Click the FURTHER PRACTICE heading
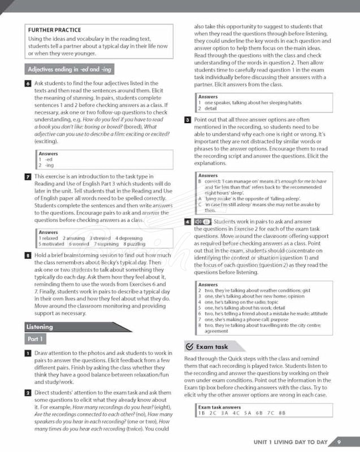click(54, 30)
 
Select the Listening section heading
click(40, 327)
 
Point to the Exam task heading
click(212, 346)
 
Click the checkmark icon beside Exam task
click(189, 346)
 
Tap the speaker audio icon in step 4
click(198, 221)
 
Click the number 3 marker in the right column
click(187, 120)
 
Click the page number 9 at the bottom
click(339, 442)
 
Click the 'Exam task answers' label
click(219, 407)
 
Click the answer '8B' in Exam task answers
click(282, 413)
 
